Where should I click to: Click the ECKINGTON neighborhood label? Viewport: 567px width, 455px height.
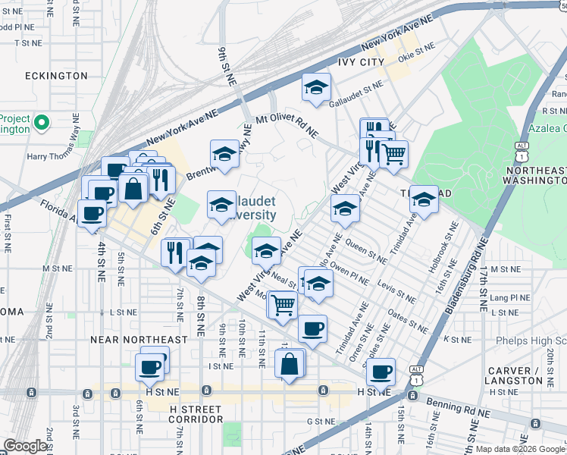(56, 76)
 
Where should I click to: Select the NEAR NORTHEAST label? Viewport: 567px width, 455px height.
(139, 340)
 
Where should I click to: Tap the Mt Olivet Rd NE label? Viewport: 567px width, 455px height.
(287, 125)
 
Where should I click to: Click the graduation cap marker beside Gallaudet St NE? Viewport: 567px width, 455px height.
(316, 88)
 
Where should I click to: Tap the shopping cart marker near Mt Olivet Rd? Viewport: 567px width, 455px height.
(393, 154)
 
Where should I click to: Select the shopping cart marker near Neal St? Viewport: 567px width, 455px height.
(283, 306)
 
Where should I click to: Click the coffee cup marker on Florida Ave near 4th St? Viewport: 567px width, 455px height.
(92, 213)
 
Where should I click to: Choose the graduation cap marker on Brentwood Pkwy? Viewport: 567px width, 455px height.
(224, 154)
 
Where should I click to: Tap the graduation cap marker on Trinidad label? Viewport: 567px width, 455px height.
(424, 199)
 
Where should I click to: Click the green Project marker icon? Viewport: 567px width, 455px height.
(42, 121)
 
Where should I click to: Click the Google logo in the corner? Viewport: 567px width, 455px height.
(26, 446)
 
